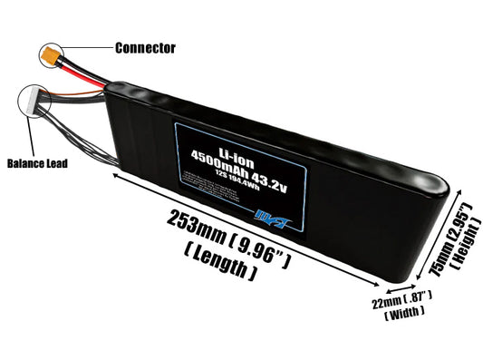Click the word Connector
[x=145, y=47]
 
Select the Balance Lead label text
[x=37, y=164]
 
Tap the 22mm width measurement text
[x=401, y=298]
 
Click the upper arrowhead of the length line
[x=115, y=179]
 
